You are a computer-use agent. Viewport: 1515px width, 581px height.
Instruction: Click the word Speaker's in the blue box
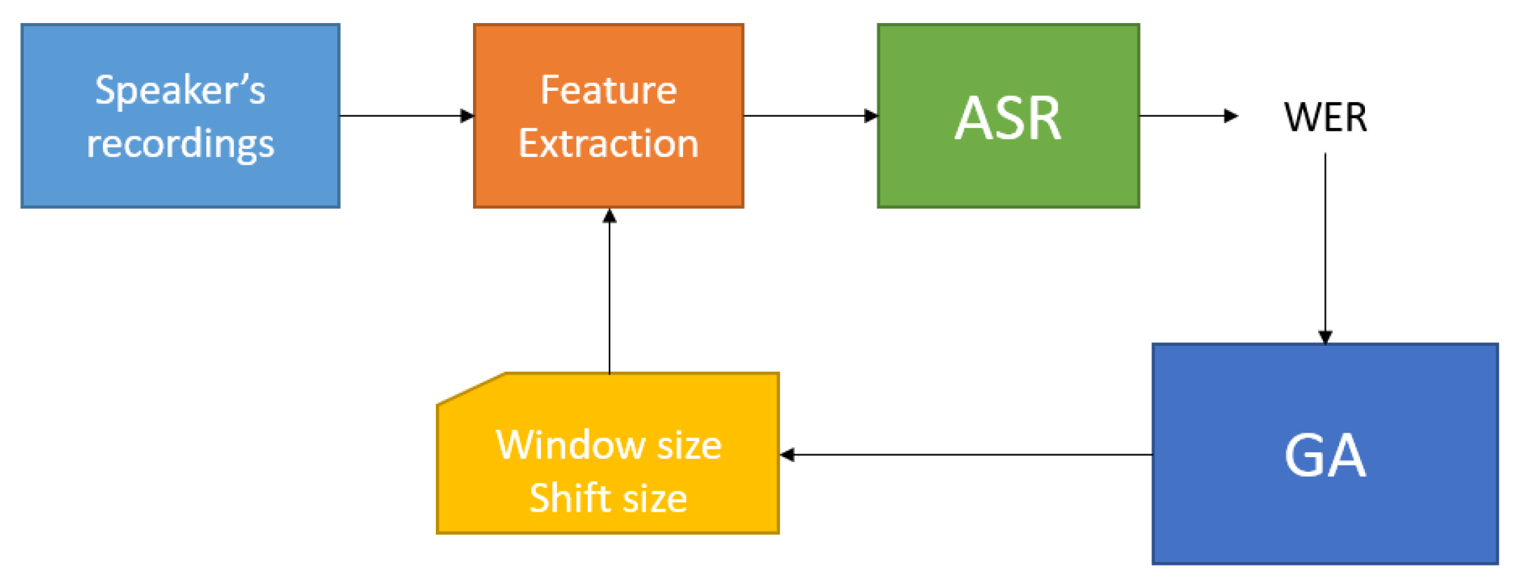coord(180,90)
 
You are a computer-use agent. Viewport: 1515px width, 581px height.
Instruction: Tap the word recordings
coord(180,143)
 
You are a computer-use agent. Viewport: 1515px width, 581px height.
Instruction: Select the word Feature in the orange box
coord(608,90)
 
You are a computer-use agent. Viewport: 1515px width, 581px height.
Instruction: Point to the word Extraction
coord(608,143)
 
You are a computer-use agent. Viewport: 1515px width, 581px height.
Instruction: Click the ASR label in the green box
coord(1008,118)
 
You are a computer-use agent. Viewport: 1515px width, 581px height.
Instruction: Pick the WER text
coord(1324,117)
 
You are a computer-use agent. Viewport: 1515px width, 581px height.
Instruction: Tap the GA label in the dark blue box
coord(1324,456)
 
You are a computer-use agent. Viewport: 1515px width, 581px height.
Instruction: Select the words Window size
coord(608,445)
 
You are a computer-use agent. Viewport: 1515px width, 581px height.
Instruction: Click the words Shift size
coord(608,498)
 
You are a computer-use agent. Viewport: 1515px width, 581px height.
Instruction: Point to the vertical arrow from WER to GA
coord(1325,245)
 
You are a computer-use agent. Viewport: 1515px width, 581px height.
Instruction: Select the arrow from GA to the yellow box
coord(967,454)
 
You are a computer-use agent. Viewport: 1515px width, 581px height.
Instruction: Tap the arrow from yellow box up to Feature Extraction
coord(610,294)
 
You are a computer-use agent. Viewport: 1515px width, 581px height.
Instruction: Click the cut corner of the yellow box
coord(469,388)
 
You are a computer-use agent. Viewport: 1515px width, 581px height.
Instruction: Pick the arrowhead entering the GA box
coord(1325,337)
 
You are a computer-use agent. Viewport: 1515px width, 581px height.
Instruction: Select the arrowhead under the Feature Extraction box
coord(610,216)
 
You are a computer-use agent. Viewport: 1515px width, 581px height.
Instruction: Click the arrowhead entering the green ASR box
coord(871,115)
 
